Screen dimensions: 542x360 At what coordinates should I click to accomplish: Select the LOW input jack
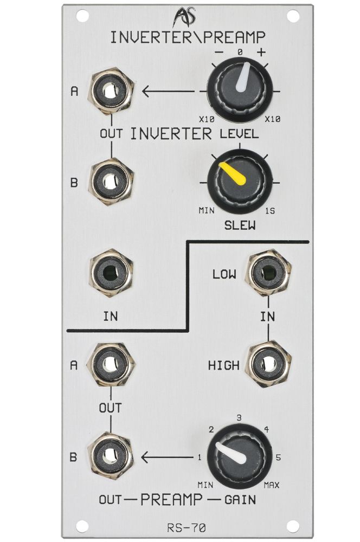click(268, 273)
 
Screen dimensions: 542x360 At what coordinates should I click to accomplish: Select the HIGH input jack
click(268, 364)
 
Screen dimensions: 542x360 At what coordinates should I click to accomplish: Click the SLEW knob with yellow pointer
click(240, 182)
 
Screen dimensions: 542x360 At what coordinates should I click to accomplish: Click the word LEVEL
click(239, 133)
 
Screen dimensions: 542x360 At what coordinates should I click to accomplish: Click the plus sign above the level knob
click(262, 52)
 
